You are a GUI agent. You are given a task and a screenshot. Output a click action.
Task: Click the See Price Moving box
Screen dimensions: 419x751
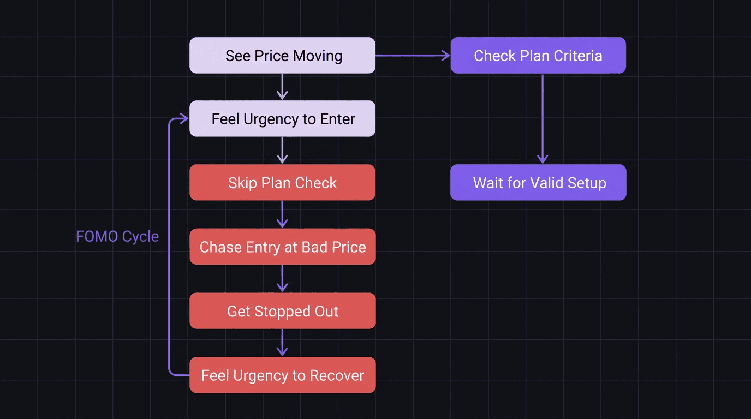click(282, 56)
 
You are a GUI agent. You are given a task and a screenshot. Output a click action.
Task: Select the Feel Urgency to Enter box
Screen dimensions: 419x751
click(282, 119)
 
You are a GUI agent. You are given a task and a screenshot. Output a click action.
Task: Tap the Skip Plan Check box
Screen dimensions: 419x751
click(282, 183)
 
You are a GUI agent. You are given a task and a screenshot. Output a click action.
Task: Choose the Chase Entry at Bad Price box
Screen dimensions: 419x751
click(282, 247)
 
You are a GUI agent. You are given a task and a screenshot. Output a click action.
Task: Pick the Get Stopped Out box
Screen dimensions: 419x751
click(282, 311)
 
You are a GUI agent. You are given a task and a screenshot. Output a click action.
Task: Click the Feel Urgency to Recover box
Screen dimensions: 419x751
click(282, 375)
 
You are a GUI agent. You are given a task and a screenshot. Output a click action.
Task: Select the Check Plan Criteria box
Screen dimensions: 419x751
click(538, 56)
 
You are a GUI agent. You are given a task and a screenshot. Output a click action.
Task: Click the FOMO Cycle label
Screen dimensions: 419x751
click(117, 236)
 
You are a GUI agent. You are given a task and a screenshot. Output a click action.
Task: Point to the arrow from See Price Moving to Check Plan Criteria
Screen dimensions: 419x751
click(413, 56)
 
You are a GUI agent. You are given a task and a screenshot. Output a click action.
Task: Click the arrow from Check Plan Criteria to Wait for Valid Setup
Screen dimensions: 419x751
click(542, 119)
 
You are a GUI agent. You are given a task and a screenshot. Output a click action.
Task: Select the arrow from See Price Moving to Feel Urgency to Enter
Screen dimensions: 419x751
click(282, 87)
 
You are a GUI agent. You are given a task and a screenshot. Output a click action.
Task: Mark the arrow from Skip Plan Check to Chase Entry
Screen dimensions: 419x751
click(282, 214)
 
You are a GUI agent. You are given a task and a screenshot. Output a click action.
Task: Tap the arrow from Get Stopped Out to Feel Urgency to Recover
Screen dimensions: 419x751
click(282, 343)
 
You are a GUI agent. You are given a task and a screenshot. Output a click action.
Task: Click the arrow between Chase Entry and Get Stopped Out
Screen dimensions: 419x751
click(282, 279)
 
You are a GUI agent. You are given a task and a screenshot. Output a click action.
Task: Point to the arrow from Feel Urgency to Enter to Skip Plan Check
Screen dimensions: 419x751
click(282, 151)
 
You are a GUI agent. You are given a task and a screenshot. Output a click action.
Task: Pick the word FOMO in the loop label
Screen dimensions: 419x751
click(97, 236)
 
